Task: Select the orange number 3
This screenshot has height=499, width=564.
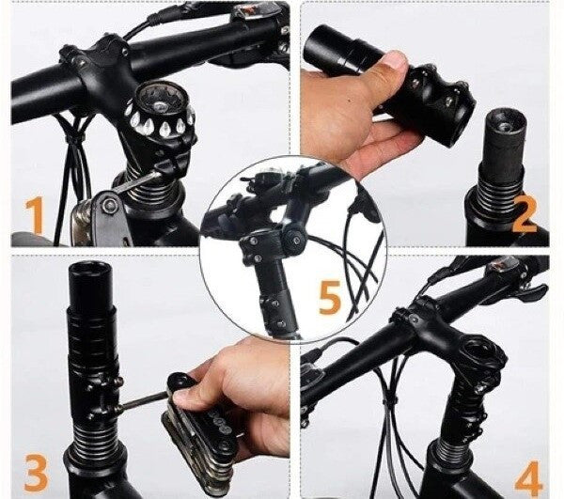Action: (x=37, y=472)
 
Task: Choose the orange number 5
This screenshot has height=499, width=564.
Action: (x=330, y=297)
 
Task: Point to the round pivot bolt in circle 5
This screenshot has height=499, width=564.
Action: (x=294, y=237)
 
